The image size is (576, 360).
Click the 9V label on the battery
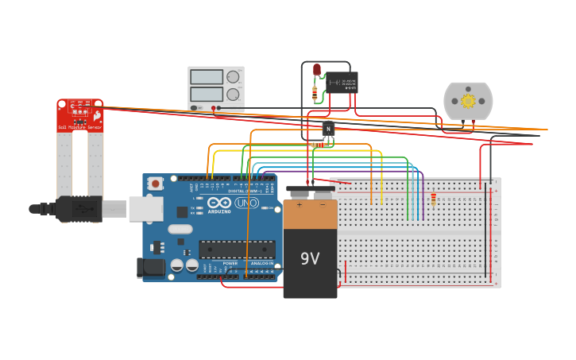310,258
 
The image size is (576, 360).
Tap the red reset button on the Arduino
156,184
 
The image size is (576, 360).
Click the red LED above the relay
317,70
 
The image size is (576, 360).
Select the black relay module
342,82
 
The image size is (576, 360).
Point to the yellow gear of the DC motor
468,101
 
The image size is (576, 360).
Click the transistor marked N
327,128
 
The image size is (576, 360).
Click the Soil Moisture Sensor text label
79,127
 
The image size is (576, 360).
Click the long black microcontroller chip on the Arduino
237,249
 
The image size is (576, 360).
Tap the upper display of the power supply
207,77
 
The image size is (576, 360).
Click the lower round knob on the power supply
234,95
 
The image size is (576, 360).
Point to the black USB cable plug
79,209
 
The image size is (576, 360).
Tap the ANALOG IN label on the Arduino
261,263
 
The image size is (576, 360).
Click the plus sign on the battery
300,205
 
